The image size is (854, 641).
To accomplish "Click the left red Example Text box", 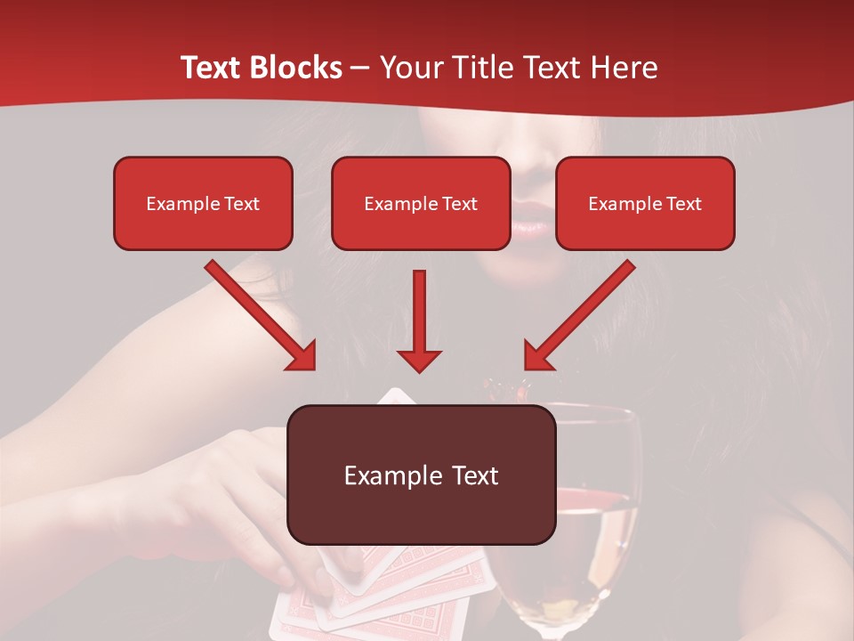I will (203, 203).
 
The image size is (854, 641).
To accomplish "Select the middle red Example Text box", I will (421, 203).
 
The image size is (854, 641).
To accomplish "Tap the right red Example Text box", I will (645, 203).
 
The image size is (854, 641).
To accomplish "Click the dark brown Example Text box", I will (421, 475).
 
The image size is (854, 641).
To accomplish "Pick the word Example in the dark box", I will (381, 475).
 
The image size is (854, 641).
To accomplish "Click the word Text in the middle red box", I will (459, 204).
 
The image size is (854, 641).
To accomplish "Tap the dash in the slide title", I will (360, 68).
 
